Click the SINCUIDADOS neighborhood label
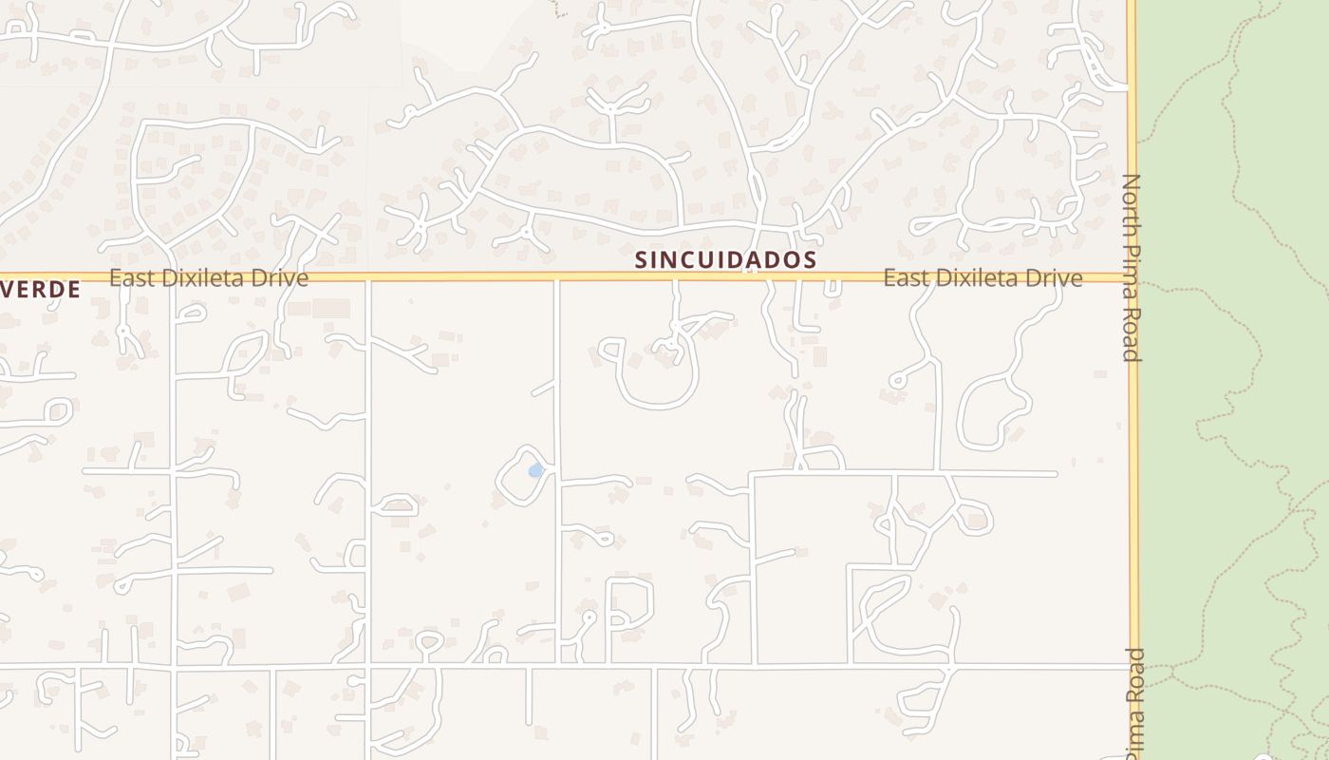725,259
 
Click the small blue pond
536,470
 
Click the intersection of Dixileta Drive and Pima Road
1131,277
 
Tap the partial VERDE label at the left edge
40,290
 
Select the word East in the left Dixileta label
131,278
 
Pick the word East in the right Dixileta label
906,278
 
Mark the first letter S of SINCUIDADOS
642,259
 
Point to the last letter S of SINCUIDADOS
810,259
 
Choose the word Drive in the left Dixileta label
281,278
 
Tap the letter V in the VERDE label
8,290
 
